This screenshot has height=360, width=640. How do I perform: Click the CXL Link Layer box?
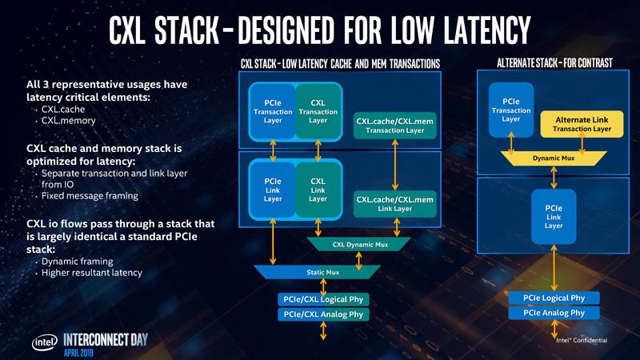tap(318, 190)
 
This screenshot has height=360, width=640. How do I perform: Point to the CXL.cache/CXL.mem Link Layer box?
tap(394, 203)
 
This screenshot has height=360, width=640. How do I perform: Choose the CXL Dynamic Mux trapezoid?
tap(358, 244)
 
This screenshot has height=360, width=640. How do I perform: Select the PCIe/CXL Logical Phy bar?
tap(323, 299)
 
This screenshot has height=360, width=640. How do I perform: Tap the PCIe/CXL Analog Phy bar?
tap(323, 314)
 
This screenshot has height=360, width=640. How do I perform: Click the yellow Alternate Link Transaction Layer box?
tap(582, 124)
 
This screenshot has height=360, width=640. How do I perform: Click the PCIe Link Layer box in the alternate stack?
tap(554, 216)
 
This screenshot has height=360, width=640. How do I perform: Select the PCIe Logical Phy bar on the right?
tap(554, 298)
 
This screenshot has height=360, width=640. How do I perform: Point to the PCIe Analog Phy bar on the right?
tap(554, 313)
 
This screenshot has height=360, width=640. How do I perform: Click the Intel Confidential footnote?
tap(581, 339)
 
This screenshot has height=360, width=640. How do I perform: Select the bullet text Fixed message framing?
tap(90, 196)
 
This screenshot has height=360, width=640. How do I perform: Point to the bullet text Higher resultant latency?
tap(91, 273)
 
